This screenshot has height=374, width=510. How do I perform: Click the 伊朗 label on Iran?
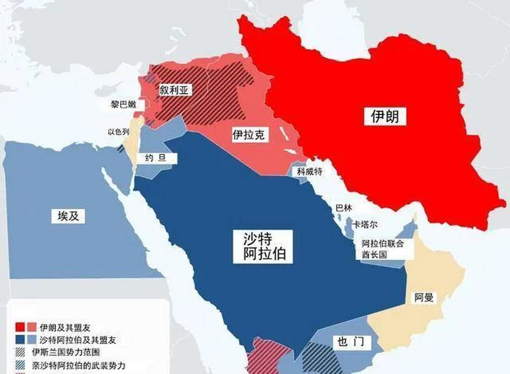(385, 117)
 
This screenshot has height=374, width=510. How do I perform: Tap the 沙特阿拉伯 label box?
(263, 247)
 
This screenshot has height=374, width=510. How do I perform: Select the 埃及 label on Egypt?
(68, 216)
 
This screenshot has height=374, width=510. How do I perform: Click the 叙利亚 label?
(174, 90)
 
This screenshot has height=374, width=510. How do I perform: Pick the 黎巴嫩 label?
(123, 104)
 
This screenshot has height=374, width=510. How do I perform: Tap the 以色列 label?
(119, 132)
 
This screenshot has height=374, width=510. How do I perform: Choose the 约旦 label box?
(156, 158)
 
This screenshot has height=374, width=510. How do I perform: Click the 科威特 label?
(309, 172)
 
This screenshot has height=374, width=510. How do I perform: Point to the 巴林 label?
(344, 208)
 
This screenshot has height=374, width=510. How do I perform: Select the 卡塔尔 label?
(365, 224)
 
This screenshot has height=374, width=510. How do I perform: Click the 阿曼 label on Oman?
(424, 297)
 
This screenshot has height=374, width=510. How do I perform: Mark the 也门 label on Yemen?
(351, 342)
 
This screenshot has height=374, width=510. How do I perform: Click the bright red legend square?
(20, 327)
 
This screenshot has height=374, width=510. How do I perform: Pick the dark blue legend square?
(20, 340)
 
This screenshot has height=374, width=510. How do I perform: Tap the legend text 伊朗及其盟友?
(65, 328)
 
